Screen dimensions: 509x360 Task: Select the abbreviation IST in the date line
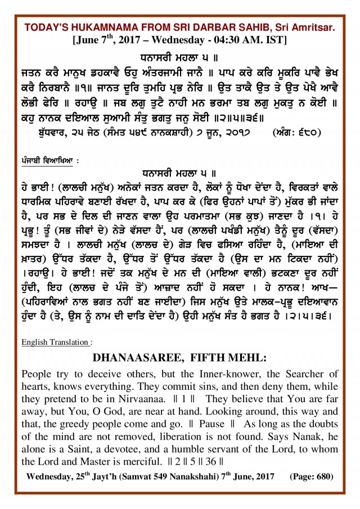(277, 40)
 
